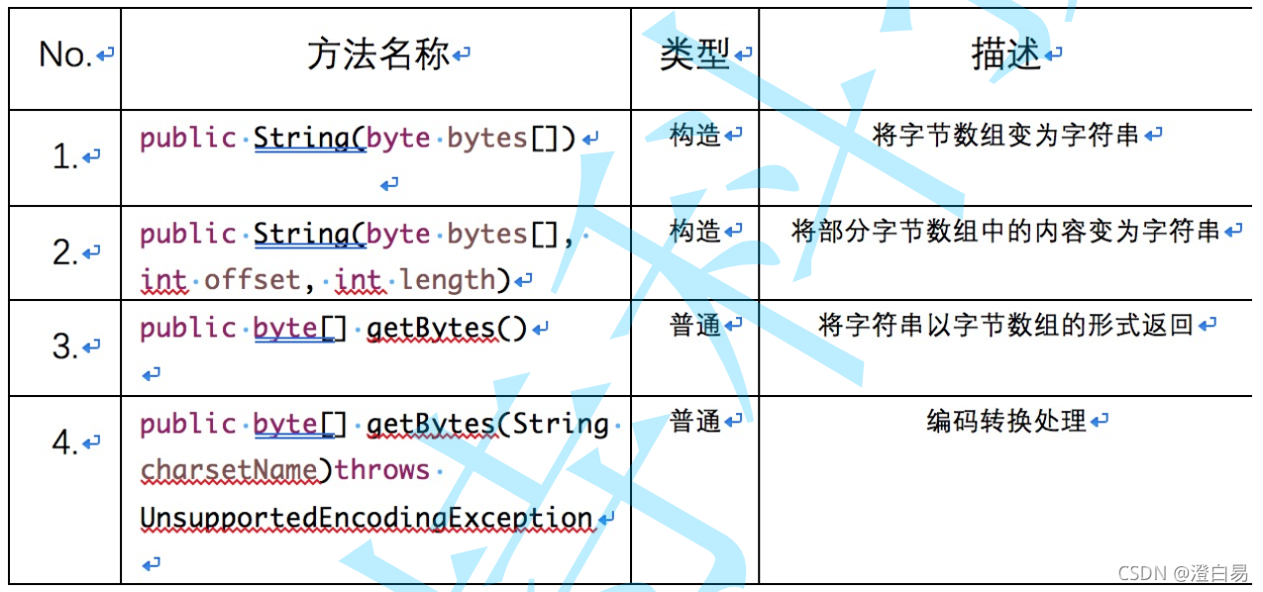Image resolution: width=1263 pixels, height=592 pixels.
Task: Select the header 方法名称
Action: click(x=378, y=55)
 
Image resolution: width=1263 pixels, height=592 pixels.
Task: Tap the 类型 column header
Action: click(x=694, y=55)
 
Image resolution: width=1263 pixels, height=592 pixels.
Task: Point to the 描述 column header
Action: click(x=1006, y=55)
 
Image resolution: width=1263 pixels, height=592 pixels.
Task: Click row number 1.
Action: click(x=65, y=156)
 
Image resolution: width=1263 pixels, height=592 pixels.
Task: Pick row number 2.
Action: click(x=65, y=253)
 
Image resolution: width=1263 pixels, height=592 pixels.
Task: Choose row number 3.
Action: click(x=65, y=347)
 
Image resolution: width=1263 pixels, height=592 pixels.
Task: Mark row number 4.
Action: click(x=65, y=443)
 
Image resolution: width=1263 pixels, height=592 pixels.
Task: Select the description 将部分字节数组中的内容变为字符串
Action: click(x=1006, y=231)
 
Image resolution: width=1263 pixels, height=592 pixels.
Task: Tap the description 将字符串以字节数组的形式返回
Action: click(x=1006, y=325)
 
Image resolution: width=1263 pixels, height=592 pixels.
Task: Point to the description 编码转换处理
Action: click(x=1006, y=422)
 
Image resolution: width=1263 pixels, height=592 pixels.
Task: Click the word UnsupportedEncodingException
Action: click(x=367, y=518)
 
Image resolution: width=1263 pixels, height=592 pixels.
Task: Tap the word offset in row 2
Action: click(x=252, y=280)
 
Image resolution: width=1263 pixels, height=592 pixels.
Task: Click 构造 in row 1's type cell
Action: click(x=694, y=135)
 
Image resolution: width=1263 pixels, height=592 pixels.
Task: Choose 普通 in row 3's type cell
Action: click(x=694, y=326)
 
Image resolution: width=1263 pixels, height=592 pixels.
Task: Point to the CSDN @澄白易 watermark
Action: click(x=1183, y=573)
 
